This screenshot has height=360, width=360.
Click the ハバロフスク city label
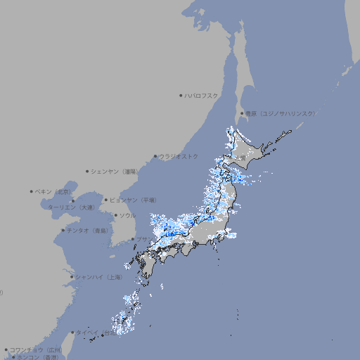coord(202,95)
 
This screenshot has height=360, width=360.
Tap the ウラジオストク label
coord(179,156)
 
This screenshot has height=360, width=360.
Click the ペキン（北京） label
coord(53,191)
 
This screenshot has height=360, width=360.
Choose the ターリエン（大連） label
coord(70,207)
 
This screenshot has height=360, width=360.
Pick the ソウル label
coord(127,215)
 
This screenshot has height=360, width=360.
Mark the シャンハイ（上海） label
coord(98,277)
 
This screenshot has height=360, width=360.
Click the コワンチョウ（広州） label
coord(36,349)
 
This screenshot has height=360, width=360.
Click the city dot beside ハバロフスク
coord(181,95)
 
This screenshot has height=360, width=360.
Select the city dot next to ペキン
coord(32,191)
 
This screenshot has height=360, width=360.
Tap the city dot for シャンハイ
coord(72,277)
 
